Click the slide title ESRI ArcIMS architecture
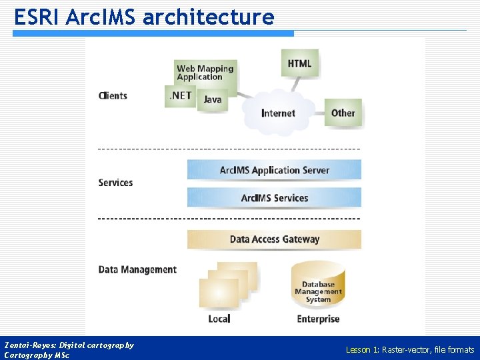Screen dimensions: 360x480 click(x=144, y=17)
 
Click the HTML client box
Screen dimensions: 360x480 click(x=299, y=64)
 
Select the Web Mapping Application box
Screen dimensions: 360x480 click(x=205, y=72)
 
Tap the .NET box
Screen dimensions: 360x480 click(x=180, y=96)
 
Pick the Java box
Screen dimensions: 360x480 click(x=213, y=100)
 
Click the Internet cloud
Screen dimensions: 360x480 click(x=278, y=113)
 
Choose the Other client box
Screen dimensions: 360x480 click(x=343, y=113)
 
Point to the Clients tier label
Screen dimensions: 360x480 click(x=113, y=95)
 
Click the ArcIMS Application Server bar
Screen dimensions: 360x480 click(x=274, y=170)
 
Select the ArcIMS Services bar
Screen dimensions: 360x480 click(x=274, y=198)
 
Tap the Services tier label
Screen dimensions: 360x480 click(x=115, y=183)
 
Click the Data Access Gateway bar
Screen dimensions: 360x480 click(x=274, y=239)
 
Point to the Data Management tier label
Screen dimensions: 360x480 click(x=137, y=269)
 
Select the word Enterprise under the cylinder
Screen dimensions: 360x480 click(x=318, y=319)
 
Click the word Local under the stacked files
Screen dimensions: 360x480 click(x=219, y=319)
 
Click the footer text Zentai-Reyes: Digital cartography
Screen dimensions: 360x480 click(x=69, y=345)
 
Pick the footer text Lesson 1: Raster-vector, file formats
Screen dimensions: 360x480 click(x=409, y=349)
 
